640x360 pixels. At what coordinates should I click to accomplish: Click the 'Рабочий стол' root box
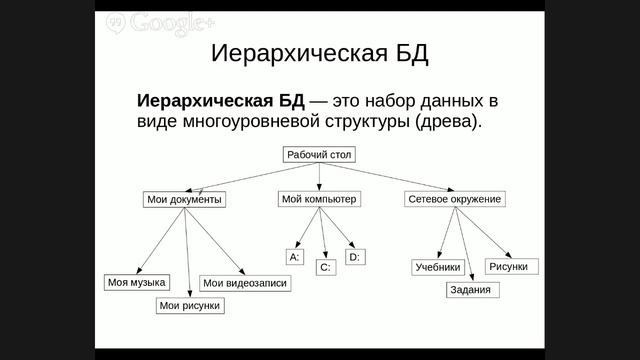pyautogui.click(x=320, y=155)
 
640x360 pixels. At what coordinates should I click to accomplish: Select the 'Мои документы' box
pyautogui.click(x=184, y=199)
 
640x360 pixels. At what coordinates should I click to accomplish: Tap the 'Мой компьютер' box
pyautogui.click(x=319, y=199)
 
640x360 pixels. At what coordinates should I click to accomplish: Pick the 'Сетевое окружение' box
pyautogui.click(x=454, y=199)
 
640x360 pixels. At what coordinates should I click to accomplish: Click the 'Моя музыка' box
pyautogui.click(x=136, y=283)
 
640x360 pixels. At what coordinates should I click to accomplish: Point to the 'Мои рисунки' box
pyautogui.click(x=189, y=306)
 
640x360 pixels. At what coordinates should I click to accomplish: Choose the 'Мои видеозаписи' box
pyautogui.click(x=244, y=283)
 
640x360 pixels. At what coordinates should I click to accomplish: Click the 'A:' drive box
pyautogui.click(x=294, y=257)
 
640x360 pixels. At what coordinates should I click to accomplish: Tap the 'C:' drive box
pyautogui.click(x=325, y=267)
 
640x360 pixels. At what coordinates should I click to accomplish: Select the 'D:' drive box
pyautogui.click(x=354, y=257)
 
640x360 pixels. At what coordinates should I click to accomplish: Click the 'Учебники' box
pyautogui.click(x=437, y=267)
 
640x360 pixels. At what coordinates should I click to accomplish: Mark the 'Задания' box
pyautogui.click(x=469, y=290)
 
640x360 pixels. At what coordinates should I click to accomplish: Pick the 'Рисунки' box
pyautogui.click(x=512, y=266)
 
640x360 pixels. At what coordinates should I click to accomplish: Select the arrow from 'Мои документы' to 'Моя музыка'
pyautogui.click(x=160, y=240)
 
